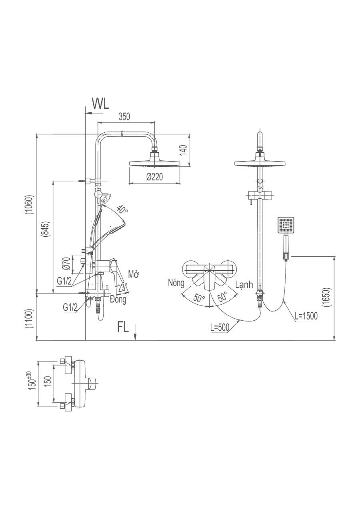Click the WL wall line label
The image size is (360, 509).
click(x=100, y=103)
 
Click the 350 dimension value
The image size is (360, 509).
click(x=124, y=117)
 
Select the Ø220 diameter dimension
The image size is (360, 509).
click(x=154, y=176)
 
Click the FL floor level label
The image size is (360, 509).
click(x=123, y=327)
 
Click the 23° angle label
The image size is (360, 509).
click(x=123, y=288)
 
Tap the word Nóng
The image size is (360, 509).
click(x=176, y=283)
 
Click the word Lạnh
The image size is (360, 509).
click(x=244, y=285)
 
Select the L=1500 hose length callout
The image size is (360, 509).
click(x=306, y=316)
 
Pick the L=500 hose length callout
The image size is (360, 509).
click(x=220, y=327)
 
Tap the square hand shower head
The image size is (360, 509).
click(x=286, y=226)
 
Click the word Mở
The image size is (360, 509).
click(x=134, y=274)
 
